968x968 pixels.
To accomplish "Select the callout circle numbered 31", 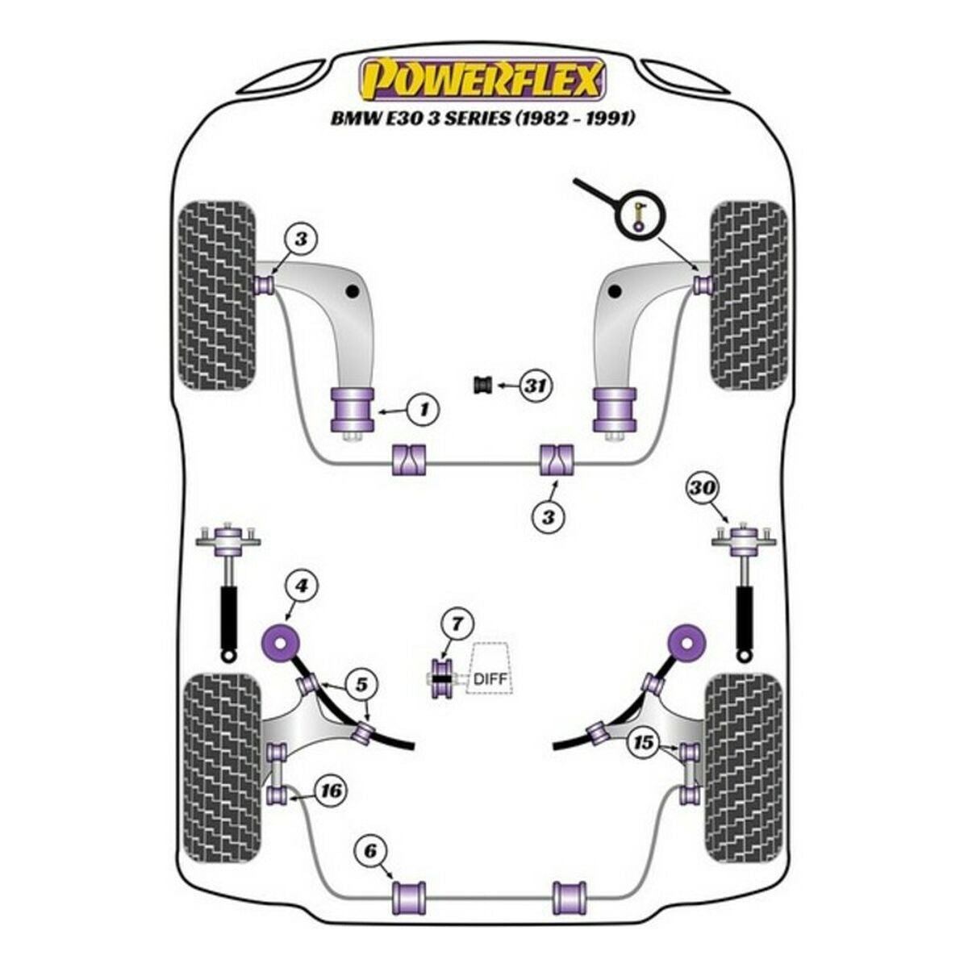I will click(x=533, y=386).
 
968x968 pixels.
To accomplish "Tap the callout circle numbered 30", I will click(x=702, y=488).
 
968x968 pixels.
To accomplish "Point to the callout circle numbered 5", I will click(x=361, y=686).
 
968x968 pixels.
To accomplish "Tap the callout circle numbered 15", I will click(x=643, y=742).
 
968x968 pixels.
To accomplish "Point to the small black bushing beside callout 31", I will click(x=482, y=386).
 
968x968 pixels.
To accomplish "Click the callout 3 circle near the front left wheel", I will click(x=300, y=239).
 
